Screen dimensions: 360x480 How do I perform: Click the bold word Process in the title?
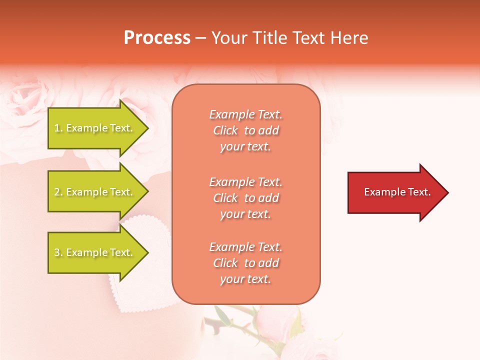(x=157, y=38)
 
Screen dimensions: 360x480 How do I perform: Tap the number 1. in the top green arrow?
(x=58, y=128)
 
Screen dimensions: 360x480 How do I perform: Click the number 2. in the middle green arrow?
(x=58, y=192)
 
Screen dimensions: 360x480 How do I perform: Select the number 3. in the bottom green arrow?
(x=58, y=253)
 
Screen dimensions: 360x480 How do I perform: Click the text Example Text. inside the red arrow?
(x=397, y=192)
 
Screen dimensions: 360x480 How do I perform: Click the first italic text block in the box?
(x=245, y=130)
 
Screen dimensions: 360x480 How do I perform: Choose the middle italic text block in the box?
(x=245, y=198)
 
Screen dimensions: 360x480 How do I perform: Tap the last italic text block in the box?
(x=245, y=263)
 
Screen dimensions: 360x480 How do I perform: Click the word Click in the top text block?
(x=225, y=131)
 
